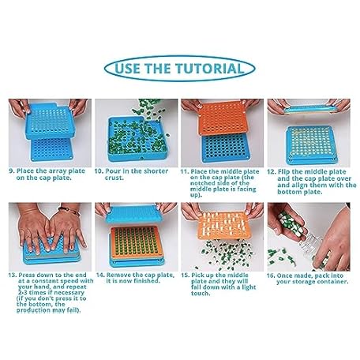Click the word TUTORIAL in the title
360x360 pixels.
(210, 69)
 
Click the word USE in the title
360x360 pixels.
(128, 69)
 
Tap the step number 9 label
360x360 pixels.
(12, 171)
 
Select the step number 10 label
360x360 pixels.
(99, 171)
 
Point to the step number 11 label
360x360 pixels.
(184, 172)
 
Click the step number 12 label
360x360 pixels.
(271, 172)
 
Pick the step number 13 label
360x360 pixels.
(13, 275)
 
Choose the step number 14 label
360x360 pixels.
(100, 276)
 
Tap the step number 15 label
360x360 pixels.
(185, 276)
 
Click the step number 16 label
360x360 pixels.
(271, 276)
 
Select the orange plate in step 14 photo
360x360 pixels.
(136, 242)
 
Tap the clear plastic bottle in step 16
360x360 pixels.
(310, 246)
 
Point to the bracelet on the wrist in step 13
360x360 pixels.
(69, 211)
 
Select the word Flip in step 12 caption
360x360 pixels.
(283, 172)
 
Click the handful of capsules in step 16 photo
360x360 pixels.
(289, 223)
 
